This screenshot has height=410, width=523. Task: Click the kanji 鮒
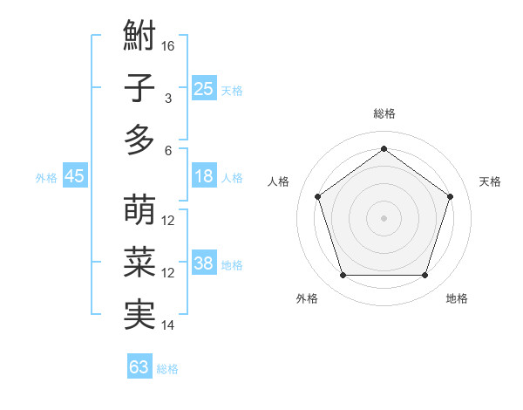139,37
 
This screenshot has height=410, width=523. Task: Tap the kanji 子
139,88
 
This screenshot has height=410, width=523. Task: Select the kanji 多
139,140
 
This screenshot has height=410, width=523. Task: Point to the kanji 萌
139,211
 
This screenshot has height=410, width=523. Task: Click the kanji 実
139,315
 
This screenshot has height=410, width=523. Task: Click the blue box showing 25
203,89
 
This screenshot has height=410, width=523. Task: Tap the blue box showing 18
203,176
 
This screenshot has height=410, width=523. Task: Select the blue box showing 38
203,263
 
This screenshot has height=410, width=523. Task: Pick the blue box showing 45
74,176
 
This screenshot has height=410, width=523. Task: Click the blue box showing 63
139,367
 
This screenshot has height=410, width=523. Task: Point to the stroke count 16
168,45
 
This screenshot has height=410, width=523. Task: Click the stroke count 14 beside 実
168,325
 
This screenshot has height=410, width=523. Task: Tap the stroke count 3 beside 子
168,98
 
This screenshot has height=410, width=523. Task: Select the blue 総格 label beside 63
167,369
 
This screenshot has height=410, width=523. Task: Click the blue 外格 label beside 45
46,178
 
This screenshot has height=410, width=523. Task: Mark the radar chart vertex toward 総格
384,148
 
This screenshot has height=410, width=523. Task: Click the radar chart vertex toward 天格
450,196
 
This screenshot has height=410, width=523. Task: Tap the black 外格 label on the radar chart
307,298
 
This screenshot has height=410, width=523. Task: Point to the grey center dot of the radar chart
384,218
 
